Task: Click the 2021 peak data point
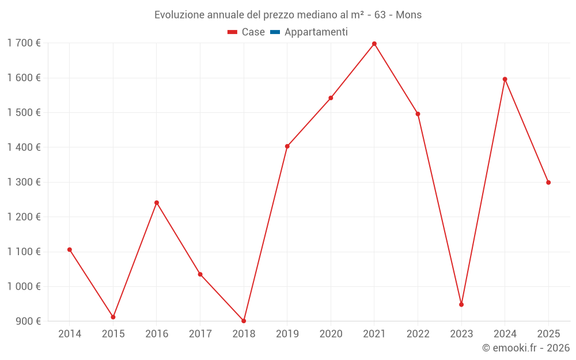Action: click(374, 44)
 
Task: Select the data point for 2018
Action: click(244, 321)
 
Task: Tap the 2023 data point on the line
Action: click(461, 304)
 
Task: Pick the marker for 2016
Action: click(157, 203)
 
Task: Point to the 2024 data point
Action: click(505, 79)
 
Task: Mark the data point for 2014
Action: click(70, 249)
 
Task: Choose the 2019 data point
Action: click(287, 146)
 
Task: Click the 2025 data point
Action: click(548, 183)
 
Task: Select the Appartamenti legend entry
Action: click(316, 32)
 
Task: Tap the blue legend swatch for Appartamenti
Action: click(275, 32)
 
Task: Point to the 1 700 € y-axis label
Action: click(24, 43)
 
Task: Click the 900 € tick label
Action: click(28, 321)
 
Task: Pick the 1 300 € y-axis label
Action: click(24, 182)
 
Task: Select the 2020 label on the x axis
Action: click(331, 334)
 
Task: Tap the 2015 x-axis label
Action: click(113, 334)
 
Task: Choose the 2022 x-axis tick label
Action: click(418, 334)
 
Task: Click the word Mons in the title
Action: click(408, 14)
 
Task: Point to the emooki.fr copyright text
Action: click(526, 348)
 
